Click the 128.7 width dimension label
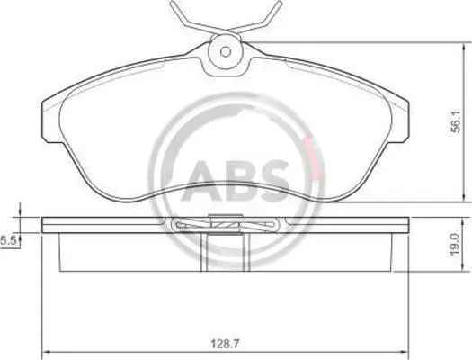point(224,344)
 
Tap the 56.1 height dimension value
point(457,121)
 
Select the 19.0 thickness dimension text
point(455,244)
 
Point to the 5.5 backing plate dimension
point(8,241)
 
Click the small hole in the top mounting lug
point(226,51)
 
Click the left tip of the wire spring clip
point(172,3)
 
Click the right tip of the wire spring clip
point(279,3)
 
